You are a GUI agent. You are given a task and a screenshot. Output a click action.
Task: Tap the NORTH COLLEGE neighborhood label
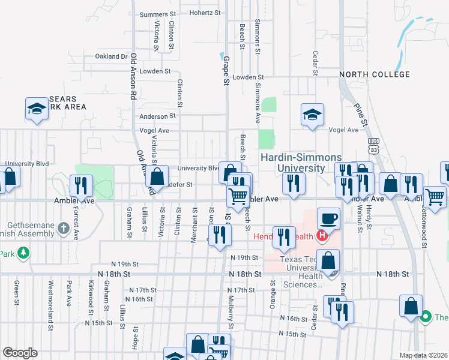click(374, 75)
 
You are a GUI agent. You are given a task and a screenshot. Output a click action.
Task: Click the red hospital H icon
click(322, 235)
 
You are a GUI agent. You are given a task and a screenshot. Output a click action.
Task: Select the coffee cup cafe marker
click(328, 218)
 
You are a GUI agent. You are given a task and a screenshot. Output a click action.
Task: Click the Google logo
click(19, 353)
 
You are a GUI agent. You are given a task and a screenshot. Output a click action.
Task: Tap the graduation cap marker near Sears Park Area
click(37, 109)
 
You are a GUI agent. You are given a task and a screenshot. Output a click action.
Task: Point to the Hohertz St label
click(206, 12)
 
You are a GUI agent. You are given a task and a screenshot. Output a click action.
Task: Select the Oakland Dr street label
click(112, 56)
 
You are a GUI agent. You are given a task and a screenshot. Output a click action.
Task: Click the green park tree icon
click(23, 253)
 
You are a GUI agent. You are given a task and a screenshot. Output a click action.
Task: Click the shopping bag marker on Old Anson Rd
click(157, 177)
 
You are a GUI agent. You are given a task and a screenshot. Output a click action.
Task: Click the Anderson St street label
click(157, 116)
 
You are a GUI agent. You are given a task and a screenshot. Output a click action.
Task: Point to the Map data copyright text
click(423, 355)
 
